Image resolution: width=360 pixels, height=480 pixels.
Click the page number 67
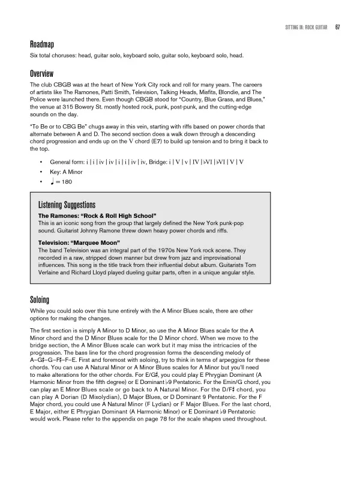click(338, 28)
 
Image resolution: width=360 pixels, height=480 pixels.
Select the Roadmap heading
click(42, 44)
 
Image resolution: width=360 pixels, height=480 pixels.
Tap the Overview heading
click(43, 73)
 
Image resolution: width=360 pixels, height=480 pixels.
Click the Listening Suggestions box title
click(67, 205)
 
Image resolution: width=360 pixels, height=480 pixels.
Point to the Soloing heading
click(40, 299)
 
